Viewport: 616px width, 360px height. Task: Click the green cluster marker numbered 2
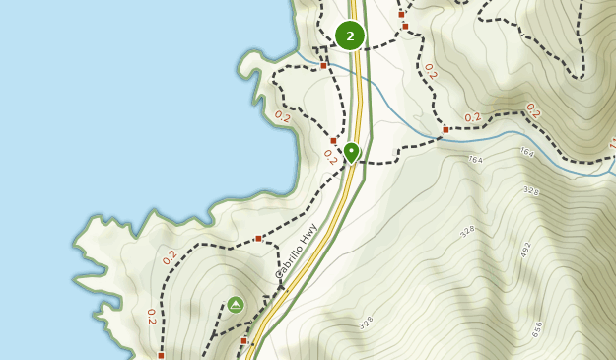[x=350, y=36]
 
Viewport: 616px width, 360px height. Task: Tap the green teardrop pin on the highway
[x=351, y=152]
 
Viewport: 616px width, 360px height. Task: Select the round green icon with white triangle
[x=236, y=304]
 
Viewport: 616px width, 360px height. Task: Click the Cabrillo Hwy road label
[x=297, y=251]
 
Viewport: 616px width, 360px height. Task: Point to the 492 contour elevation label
[x=525, y=249]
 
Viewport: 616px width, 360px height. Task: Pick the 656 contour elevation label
[x=537, y=328]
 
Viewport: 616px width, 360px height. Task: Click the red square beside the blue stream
[x=445, y=129]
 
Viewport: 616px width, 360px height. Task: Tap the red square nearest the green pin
[x=333, y=140]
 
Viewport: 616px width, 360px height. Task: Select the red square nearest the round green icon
[x=243, y=340]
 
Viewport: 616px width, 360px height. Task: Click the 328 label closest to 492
[x=468, y=231]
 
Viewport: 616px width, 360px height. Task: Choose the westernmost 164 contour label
[x=475, y=159]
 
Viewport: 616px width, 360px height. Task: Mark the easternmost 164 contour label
[x=526, y=152]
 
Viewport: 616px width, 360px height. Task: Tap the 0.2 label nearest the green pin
[x=329, y=157]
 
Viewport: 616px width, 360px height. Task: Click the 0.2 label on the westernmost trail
[x=151, y=316]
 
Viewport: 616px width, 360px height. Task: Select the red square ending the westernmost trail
[x=161, y=355]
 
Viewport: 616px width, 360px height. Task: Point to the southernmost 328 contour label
[x=366, y=323]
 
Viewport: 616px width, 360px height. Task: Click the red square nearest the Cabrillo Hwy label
[x=258, y=238]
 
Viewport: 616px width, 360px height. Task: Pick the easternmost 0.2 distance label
[x=532, y=110]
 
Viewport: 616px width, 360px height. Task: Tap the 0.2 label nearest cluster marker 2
[x=429, y=71]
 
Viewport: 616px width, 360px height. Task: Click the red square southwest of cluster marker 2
[x=323, y=66]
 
